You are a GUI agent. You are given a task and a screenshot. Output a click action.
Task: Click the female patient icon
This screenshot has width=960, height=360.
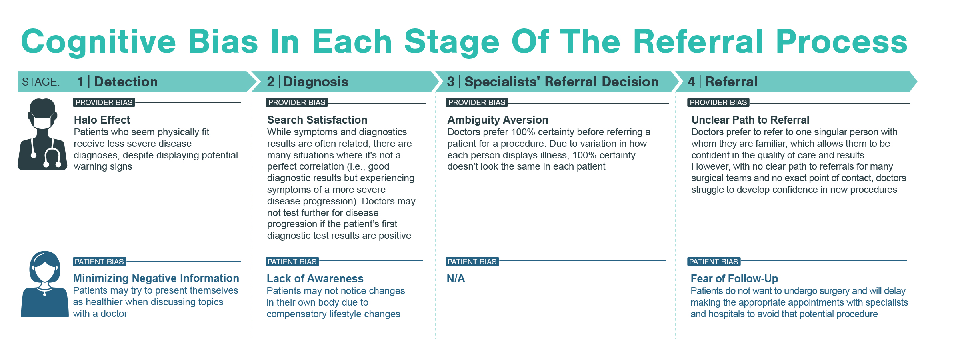click(44, 284)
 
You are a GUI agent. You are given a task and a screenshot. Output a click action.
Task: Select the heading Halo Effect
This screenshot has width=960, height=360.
click(102, 120)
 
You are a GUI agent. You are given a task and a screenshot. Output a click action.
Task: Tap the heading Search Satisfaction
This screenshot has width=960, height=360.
click(317, 120)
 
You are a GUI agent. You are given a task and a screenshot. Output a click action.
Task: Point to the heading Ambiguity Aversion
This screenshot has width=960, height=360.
click(497, 120)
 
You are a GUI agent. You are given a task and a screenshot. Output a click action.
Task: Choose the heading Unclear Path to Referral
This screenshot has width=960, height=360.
click(750, 120)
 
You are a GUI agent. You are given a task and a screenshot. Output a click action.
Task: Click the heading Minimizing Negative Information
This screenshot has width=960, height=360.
click(156, 278)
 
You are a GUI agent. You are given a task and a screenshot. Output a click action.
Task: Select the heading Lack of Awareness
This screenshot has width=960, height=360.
click(315, 278)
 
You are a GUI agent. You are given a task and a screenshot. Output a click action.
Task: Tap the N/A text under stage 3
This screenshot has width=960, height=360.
click(456, 278)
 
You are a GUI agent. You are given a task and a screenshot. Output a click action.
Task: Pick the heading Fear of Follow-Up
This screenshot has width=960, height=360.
click(734, 278)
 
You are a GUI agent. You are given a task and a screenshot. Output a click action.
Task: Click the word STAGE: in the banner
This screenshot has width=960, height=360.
click(41, 82)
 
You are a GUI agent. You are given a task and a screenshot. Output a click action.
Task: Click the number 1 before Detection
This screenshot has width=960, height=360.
click(80, 82)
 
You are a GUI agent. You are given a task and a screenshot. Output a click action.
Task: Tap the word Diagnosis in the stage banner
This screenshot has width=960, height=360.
click(316, 82)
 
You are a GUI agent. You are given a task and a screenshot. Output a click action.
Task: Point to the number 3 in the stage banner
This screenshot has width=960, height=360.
click(450, 82)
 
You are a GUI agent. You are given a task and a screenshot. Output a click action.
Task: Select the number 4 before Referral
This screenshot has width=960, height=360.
click(691, 82)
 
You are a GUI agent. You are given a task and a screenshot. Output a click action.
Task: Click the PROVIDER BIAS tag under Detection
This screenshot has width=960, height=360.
click(104, 102)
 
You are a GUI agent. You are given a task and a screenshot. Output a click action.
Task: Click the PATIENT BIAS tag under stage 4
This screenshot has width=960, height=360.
click(713, 262)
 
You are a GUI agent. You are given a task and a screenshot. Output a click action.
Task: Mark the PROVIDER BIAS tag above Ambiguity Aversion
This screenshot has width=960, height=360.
click(476, 102)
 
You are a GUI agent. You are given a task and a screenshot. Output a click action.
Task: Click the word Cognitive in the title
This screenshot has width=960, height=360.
click(98, 42)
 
